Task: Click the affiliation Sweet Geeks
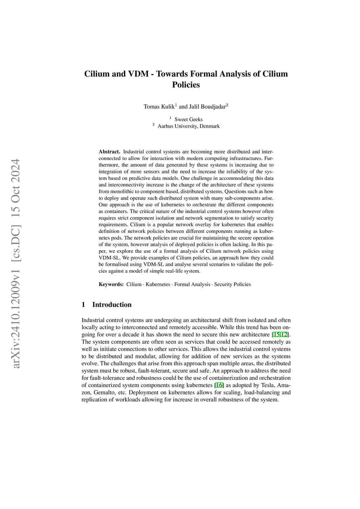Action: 188,120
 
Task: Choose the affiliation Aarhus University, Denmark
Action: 188,126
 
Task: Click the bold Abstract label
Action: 109,152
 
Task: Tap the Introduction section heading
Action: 112,305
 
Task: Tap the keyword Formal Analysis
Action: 192,284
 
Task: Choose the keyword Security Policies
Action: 232,284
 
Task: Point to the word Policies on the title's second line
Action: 186,85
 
